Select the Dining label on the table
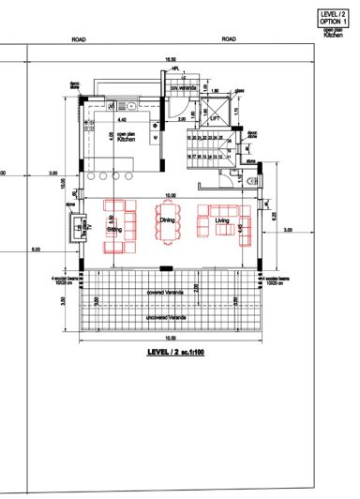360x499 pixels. (x=167, y=219)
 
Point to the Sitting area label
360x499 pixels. (x=114, y=228)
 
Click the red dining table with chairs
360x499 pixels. (x=169, y=225)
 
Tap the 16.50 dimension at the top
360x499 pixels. (x=170, y=60)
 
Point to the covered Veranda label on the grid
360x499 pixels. (x=165, y=291)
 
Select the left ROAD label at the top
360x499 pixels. (x=80, y=40)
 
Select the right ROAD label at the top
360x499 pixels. (x=228, y=40)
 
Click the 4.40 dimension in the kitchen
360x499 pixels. (x=121, y=120)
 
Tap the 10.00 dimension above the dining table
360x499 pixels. (x=169, y=195)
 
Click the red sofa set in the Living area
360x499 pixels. (x=225, y=222)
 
